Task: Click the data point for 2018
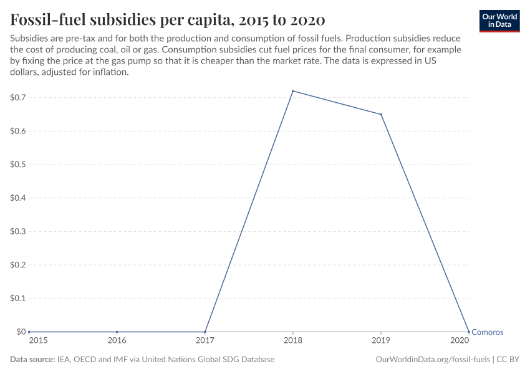point(293,91)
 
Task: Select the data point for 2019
point(381,114)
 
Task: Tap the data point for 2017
point(205,332)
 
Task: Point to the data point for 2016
point(117,332)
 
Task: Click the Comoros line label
point(487,332)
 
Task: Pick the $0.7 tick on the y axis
point(17,98)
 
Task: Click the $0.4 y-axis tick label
point(17,198)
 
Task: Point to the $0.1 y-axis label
point(17,299)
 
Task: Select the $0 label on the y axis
point(21,332)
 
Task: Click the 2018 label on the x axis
point(293,341)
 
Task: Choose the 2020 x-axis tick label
point(460,341)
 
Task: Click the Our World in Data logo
point(499,21)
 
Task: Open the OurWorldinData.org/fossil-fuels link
point(433,360)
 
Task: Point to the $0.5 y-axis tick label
point(17,165)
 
